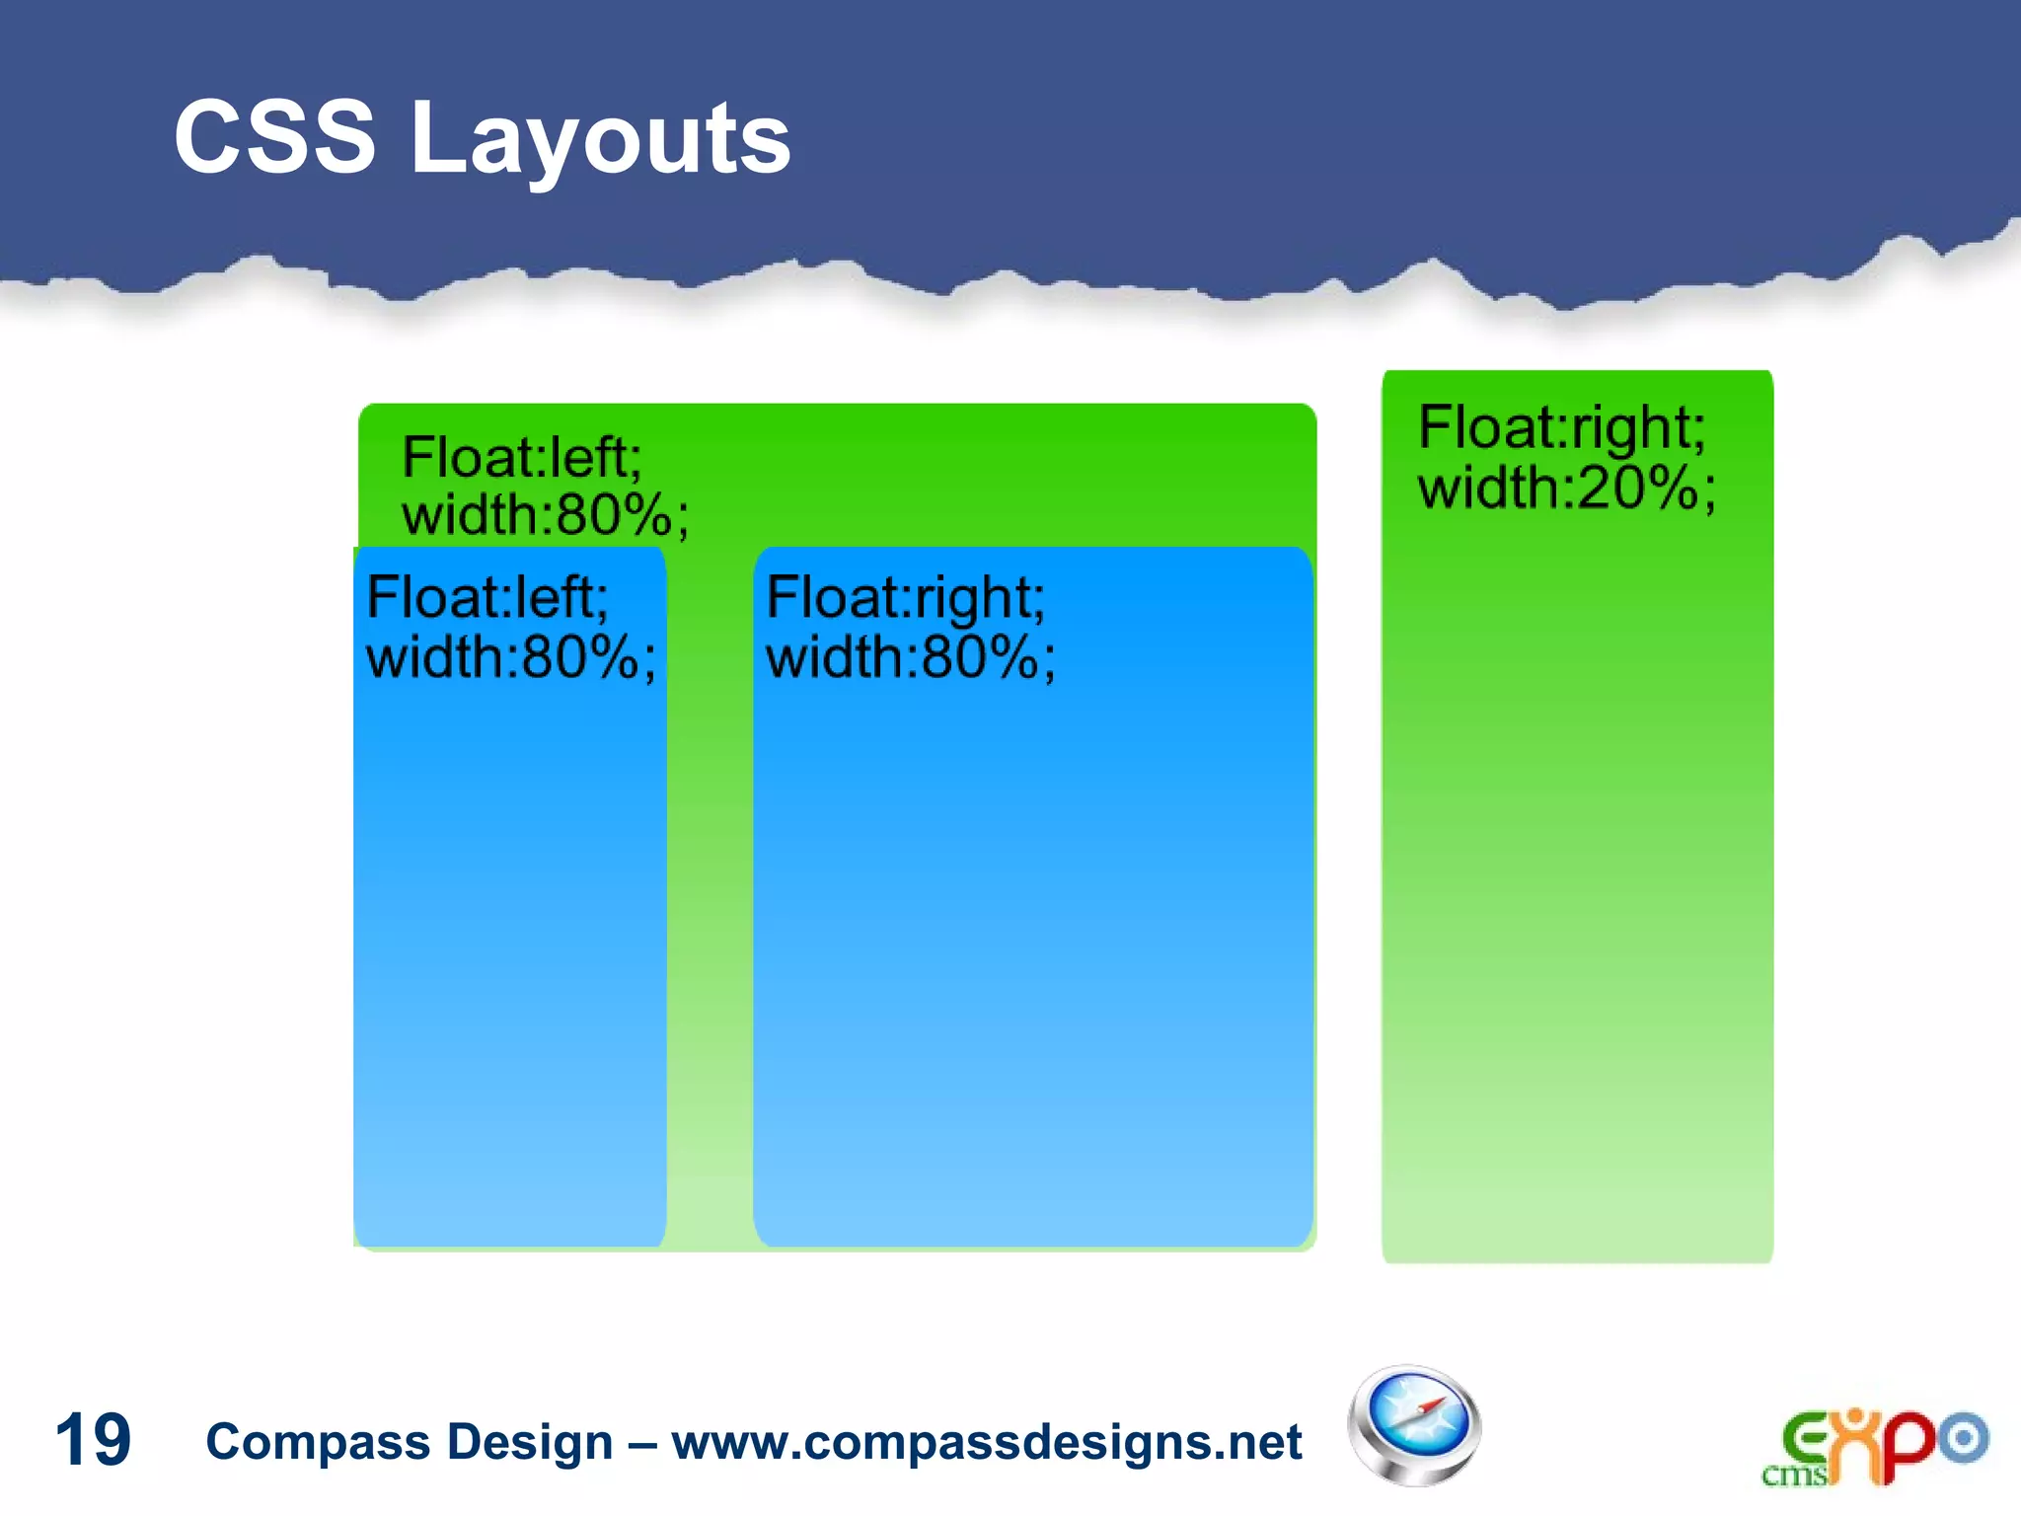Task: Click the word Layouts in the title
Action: point(600,140)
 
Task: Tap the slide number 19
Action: point(93,1440)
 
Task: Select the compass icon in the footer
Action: point(1413,1426)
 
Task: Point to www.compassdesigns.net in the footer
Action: point(987,1442)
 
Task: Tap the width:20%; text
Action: point(1566,489)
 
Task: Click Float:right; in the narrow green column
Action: point(1561,427)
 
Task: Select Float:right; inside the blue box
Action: point(905,598)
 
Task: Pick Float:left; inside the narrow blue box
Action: point(487,598)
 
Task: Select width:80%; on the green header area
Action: point(545,515)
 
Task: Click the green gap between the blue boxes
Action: point(710,888)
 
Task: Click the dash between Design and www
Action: point(642,1444)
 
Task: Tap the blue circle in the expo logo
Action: point(1964,1438)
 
